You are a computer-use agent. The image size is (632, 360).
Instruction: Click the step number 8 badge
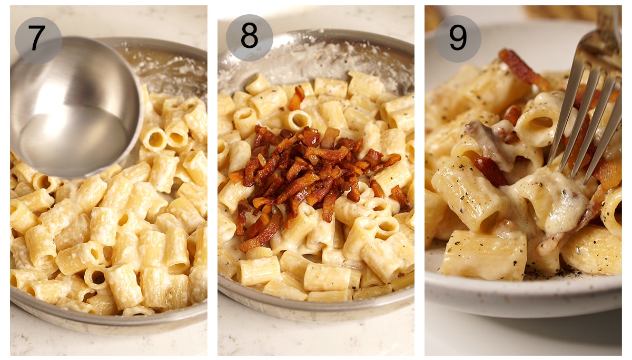tap(249, 37)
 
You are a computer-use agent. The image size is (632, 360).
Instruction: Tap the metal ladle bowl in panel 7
tap(74, 100)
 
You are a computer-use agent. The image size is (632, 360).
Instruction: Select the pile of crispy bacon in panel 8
tap(311, 174)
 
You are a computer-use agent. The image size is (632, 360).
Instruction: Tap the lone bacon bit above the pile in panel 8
tap(298, 97)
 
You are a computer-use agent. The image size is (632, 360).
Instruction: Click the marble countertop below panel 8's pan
tap(316, 337)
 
